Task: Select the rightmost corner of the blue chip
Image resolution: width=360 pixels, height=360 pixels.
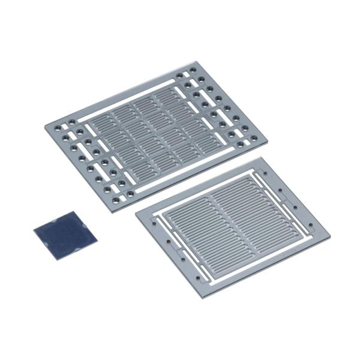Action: coord(97,241)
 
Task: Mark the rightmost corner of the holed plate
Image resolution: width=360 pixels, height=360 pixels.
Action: coord(262,139)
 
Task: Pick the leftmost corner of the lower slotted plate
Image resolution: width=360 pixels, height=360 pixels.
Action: coord(135,212)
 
